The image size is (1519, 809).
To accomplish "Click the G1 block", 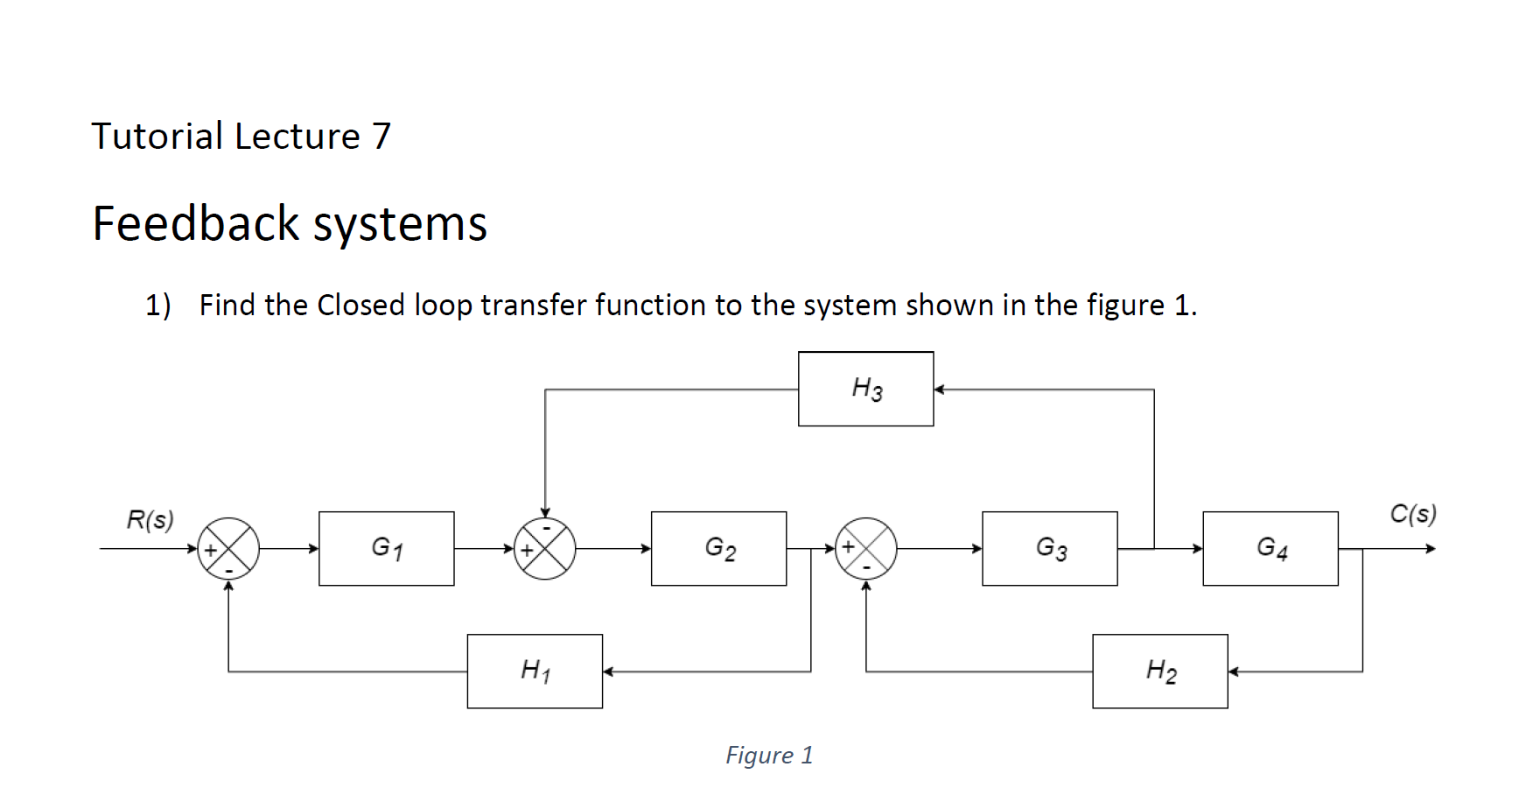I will pos(386,549).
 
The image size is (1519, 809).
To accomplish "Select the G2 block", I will pos(718,549).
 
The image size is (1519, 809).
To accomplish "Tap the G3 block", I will pos(1049,549).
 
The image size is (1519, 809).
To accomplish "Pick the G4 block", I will pos(1270,549).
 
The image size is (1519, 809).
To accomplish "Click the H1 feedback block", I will pos(535,672).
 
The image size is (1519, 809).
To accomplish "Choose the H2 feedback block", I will pos(1159,672).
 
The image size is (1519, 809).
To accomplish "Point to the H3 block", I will pos(865,389).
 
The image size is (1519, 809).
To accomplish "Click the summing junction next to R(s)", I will pos(228,549).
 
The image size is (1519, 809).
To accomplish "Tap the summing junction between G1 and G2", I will pos(544,549).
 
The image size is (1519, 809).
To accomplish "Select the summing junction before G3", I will pos(866,549).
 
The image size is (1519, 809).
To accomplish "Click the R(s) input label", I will pos(150,519).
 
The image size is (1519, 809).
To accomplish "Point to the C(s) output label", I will pos(1412,513).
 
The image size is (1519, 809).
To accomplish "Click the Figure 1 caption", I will pos(769,755).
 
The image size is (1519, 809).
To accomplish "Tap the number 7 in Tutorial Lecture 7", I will pos(381,137).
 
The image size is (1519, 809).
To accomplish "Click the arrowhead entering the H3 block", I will pos(939,390).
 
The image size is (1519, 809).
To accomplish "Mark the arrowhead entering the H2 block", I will pos(1233,672).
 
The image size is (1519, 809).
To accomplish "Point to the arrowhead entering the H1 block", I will pos(608,672).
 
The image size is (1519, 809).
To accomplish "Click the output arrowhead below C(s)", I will pos(1431,549).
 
